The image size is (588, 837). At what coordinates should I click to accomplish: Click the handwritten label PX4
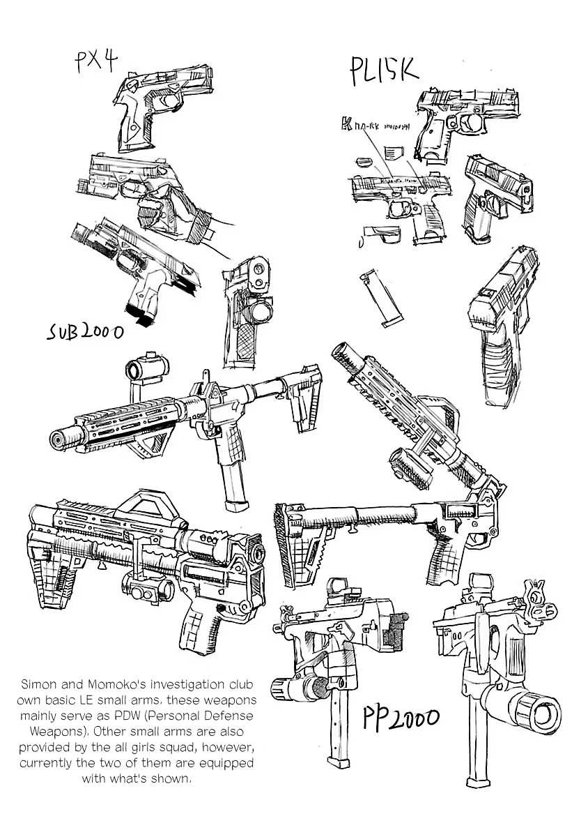pyautogui.click(x=95, y=63)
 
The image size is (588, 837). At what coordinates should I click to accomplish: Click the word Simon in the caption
pyautogui.click(x=40, y=684)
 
